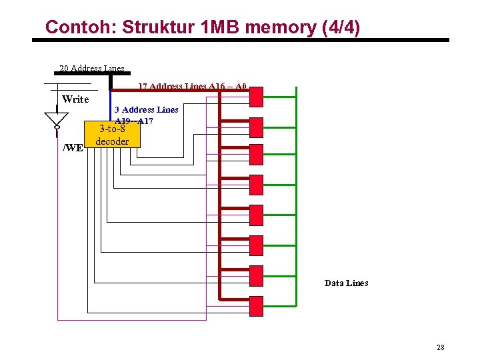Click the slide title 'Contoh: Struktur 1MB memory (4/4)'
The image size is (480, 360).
pos(202,27)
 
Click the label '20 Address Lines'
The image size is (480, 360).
pos(91,68)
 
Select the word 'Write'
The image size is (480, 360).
pos(75,99)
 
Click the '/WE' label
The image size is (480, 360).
pos(73,147)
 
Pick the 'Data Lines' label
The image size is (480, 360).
pos(346,283)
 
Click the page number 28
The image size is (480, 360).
pos(440,347)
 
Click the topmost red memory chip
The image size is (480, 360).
pos(255,97)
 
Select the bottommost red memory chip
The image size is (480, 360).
pos(255,305)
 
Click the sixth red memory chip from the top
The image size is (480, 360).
pos(255,246)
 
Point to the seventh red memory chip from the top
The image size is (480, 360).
pos(255,275)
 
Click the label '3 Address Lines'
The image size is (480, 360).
pos(146,109)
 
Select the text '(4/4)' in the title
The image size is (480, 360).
pos(340,27)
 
